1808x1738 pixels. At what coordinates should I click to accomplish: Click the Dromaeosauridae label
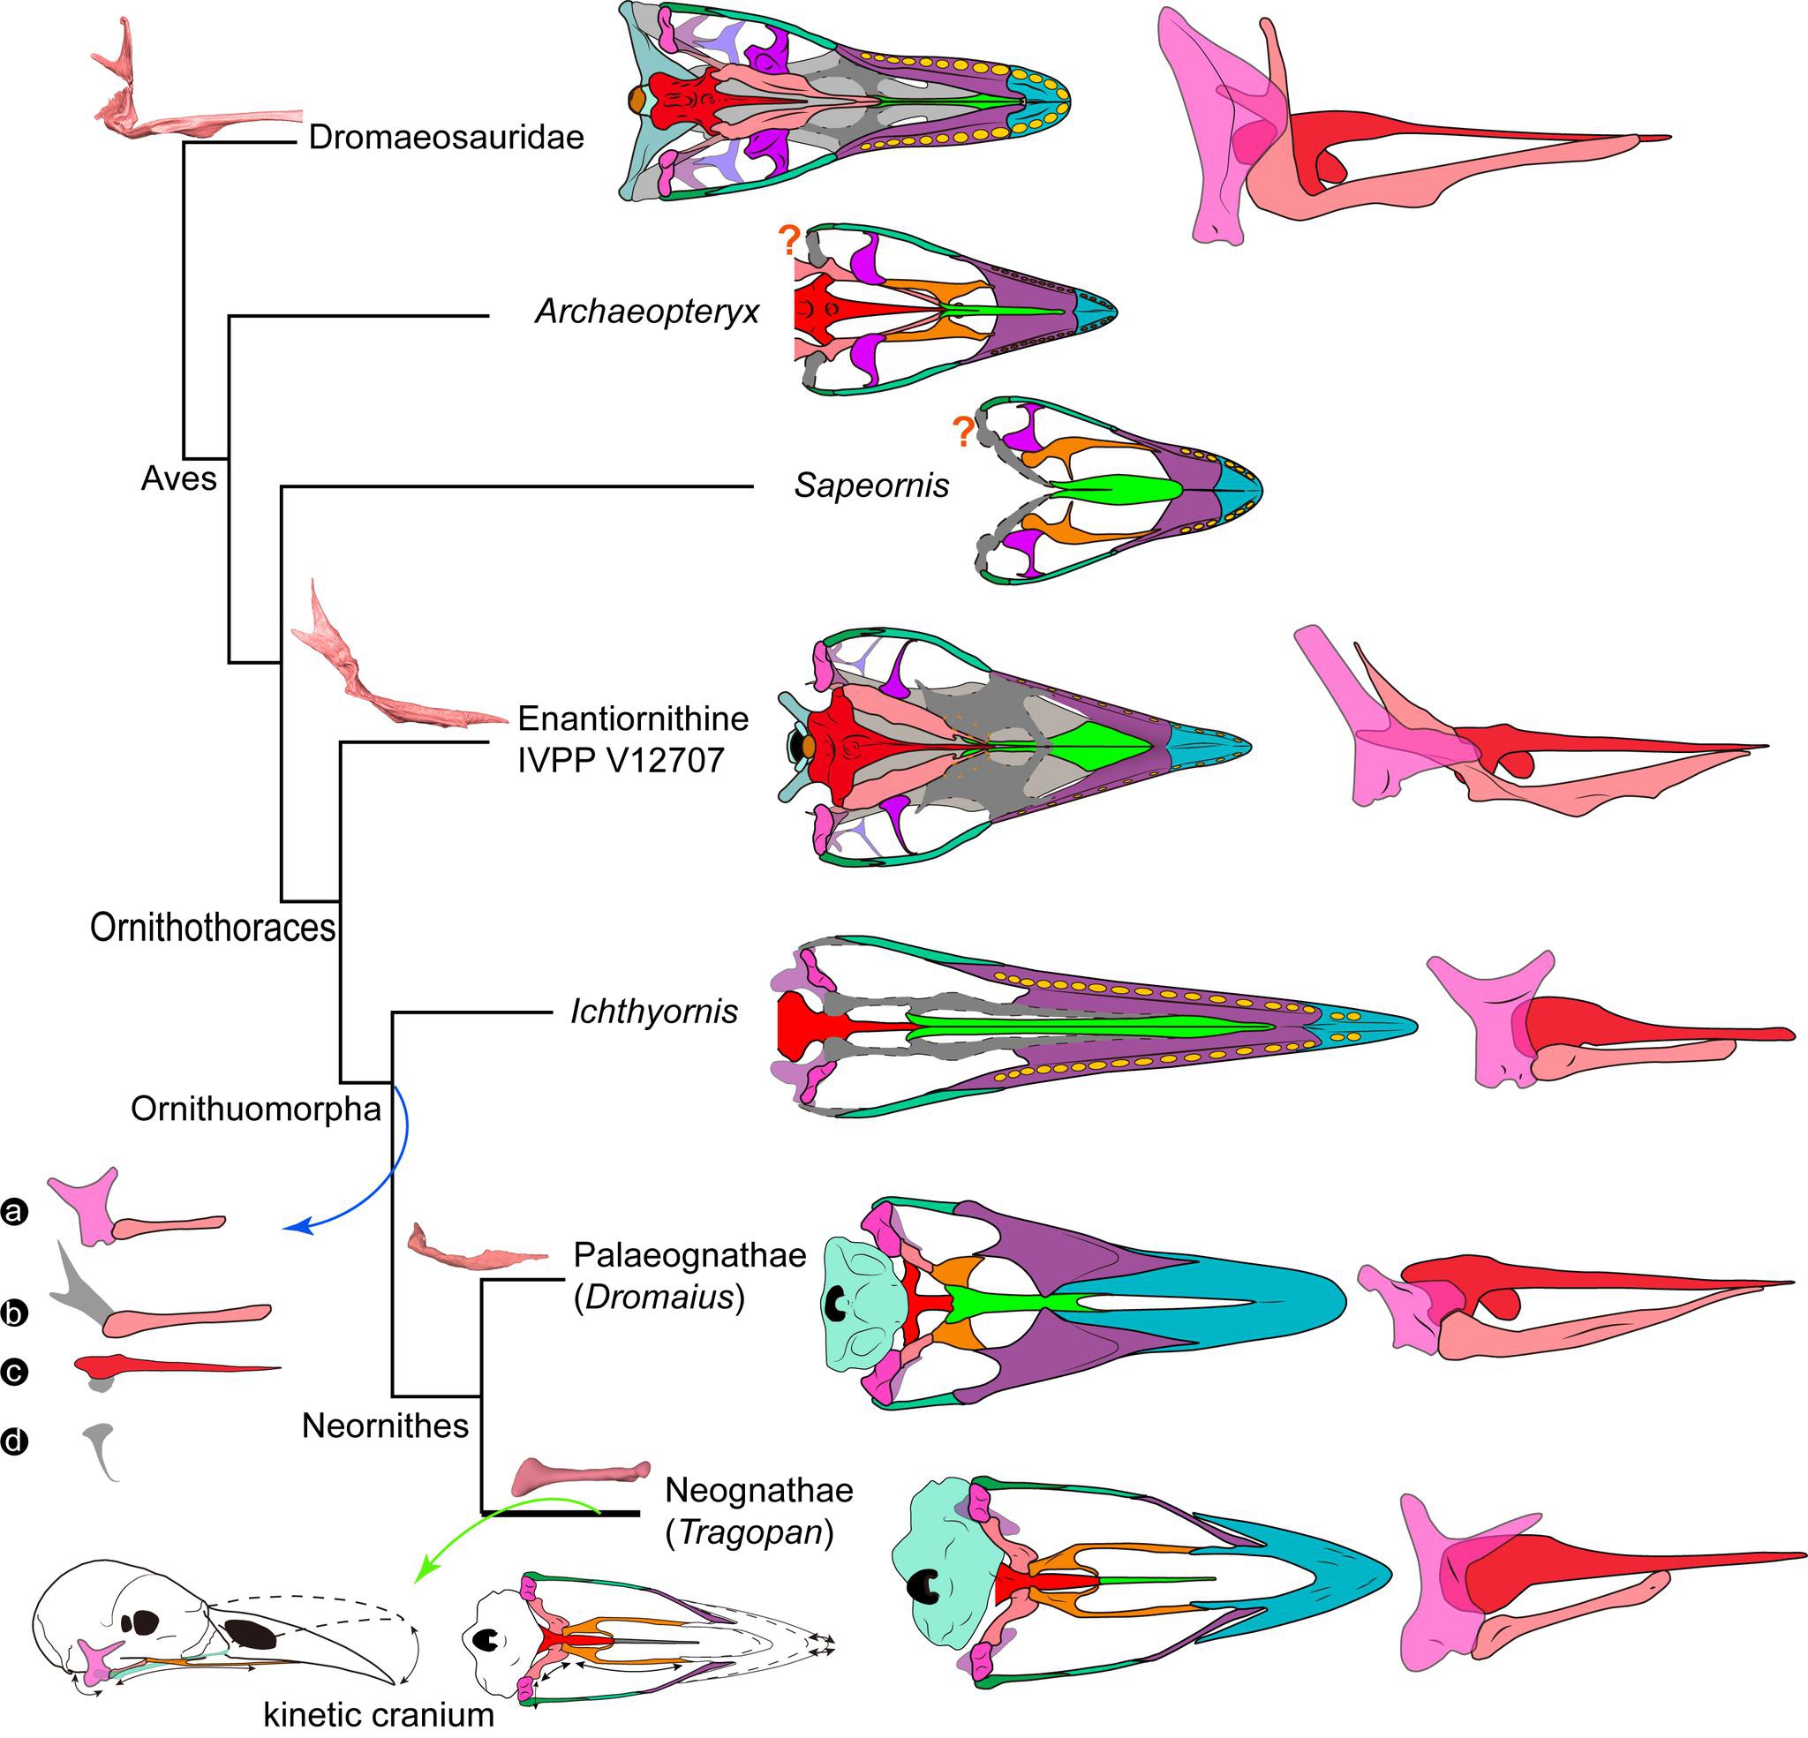coord(447,138)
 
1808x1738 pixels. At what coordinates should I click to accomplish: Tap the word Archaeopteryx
coord(646,312)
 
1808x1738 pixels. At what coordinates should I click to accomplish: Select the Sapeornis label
coord(871,485)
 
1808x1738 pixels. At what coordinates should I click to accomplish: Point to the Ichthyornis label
coord(654,1012)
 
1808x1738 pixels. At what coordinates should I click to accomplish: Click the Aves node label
coord(179,478)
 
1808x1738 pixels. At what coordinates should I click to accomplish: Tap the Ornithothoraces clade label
coord(212,927)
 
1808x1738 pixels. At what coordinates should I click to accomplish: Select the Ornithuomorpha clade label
coord(255,1108)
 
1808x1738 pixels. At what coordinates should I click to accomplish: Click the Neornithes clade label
coord(385,1426)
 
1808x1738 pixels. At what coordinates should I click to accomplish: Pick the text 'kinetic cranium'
coord(379,1714)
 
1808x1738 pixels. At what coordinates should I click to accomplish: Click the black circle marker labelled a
coord(15,1211)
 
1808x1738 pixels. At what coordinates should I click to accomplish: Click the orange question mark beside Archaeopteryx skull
coord(788,242)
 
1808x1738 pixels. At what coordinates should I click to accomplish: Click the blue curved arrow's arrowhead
coord(295,1227)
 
